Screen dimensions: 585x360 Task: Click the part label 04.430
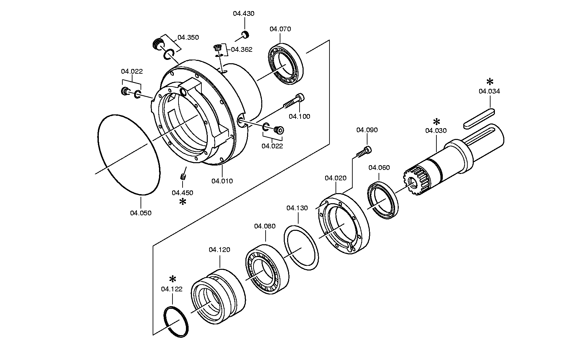pyautogui.click(x=244, y=13)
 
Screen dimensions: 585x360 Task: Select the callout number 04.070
pyautogui.click(x=280, y=29)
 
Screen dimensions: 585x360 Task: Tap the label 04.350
pyautogui.click(x=188, y=37)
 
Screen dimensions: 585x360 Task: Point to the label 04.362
pyautogui.click(x=242, y=49)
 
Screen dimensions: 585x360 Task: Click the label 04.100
pyautogui.click(x=300, y=116)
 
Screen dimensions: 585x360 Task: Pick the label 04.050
pyautogui.click(x=141, y=213)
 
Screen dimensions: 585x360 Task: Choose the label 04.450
pyautogui.click(x=183, y=193)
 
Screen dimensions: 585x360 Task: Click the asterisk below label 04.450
pyautogui.click(x=183, y=202)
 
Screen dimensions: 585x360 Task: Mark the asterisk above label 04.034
pyautogui.click(x=490, y=81)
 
